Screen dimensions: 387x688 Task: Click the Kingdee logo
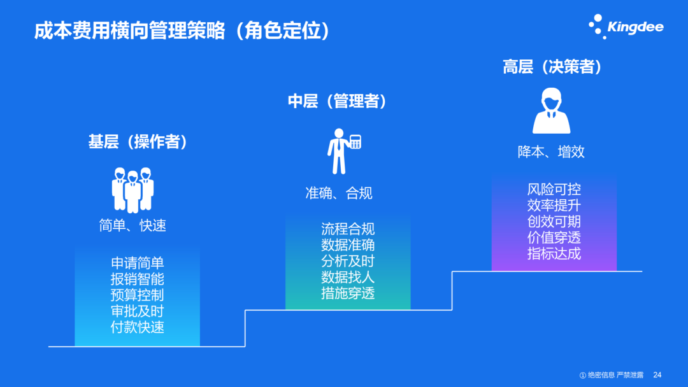tap(626, 27)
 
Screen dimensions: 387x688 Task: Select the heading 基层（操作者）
tap(138, 141)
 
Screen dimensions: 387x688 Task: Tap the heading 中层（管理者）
tap(338, 101)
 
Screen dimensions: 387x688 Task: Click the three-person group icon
tap(133, 190)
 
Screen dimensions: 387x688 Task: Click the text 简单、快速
tap(133, 225)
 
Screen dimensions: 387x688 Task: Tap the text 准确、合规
tap(338, 193)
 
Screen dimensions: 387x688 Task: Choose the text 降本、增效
tap(551, 151)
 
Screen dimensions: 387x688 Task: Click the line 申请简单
tap(137, 264)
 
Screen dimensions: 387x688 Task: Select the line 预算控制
tap(137, 295)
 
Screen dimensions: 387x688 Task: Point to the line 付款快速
tap(137, 327)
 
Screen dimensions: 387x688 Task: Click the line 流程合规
tap(348, 229)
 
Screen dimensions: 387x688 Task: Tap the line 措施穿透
tap(348, 293)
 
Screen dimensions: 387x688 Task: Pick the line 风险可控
tap(554, 190)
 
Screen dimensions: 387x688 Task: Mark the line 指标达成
tap(554, 253)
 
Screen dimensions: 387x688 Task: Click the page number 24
tap(657, 375)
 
